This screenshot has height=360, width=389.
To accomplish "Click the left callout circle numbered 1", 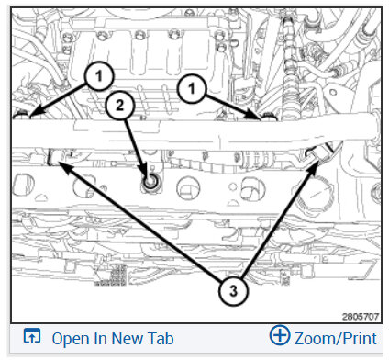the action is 99,76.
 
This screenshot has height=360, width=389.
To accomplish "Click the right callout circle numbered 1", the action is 192,89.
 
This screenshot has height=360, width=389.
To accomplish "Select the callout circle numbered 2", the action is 119,106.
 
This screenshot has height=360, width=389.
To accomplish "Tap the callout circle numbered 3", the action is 233,290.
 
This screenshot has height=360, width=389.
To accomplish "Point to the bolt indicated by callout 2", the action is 150,182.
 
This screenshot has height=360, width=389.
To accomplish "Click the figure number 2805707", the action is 361,316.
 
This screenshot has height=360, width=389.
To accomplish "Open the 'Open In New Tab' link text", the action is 113,339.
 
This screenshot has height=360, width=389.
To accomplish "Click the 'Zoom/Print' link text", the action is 336,339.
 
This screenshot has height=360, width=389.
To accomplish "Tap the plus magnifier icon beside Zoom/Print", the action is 280,335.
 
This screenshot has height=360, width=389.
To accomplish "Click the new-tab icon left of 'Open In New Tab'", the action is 32,335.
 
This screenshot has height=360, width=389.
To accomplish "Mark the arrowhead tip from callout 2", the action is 148,178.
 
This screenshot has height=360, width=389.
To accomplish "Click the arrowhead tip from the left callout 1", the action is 29,118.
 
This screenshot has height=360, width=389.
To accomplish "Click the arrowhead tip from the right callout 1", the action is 263,118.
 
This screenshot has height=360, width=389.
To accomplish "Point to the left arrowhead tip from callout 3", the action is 57,162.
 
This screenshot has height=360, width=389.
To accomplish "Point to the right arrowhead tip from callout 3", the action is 318,163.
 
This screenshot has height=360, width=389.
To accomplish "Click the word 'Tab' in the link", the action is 161,339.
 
